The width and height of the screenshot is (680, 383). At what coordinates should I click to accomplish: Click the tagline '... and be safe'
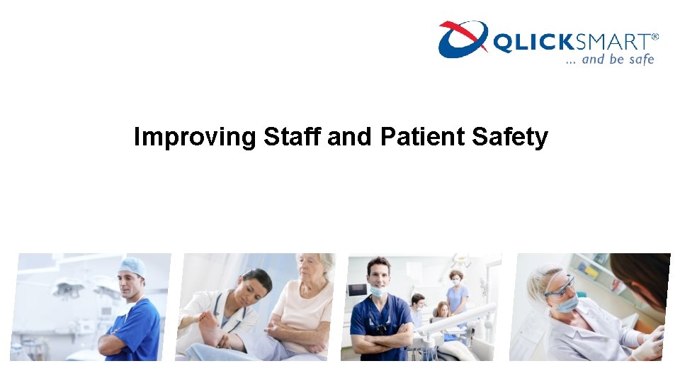pos(609,60)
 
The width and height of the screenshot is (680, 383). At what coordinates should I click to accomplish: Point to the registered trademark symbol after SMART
pos(654,37)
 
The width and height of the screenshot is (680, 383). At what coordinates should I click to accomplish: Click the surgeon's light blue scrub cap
pos(132,266)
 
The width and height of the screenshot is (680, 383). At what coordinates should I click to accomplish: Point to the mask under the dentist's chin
pos(378,292)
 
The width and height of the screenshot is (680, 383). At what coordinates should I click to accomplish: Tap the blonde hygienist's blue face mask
pos(567,304)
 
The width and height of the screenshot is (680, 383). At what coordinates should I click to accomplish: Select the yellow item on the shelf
pos(591,271)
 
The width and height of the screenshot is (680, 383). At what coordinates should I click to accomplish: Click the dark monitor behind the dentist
pos(356,290)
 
